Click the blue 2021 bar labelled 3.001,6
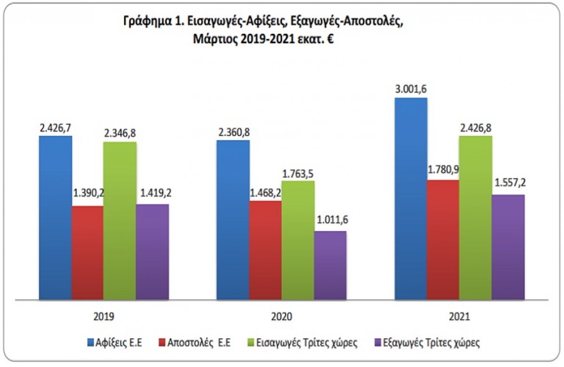[411, 198]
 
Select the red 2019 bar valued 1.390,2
[88, 252]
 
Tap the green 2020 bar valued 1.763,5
[298, 240]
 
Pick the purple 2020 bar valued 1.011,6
[330, 265]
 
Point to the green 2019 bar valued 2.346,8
[120, 220]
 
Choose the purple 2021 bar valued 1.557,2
[508, 247]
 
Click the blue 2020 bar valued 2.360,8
[233, 219]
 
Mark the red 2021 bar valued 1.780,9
[443, 239]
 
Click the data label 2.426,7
[55, 127]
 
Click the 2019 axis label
[104, 316]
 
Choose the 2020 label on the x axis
[282, 316]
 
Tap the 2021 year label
[460, 316]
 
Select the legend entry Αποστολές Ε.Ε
[198, 343]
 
